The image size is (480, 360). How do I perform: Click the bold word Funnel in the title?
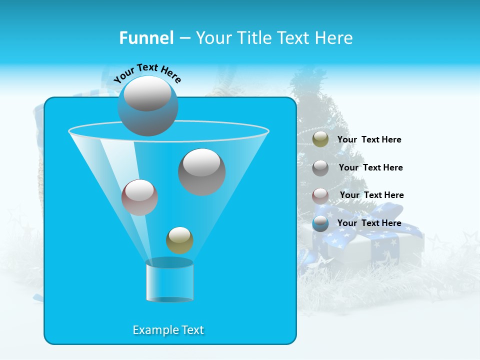pyautogui.click(x=146, y=38)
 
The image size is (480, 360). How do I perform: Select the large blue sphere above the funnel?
pyautogui.click(x=148, y=106)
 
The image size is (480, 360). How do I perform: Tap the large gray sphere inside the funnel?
pyautogui.click(x=201, y=171)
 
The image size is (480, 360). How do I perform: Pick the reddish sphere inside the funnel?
pyautogui.click(x=139, y=197)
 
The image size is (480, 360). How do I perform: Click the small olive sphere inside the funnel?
pyautogui.click(x=179, y=240)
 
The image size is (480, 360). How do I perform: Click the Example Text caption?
pyautogui.click(x=168, y=330)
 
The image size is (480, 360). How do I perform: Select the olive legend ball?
pyautogui.click(x=320, y=139)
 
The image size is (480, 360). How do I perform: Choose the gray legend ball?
pyautogui.click(x=320, y=168)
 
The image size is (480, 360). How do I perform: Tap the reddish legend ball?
pyautogui.click(x=320, y=196)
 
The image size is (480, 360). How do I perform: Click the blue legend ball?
pyautogui.click(x=320, y=223)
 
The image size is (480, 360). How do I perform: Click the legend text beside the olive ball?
pyautogui.click(x=369, y=140)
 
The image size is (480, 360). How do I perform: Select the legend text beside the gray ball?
pyautogui.click(x=370, y=167)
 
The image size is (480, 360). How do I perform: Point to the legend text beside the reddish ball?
pyautogui.click(x=371, y=195)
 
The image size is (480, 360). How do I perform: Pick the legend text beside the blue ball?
pyautogui.click(x=369, y=223)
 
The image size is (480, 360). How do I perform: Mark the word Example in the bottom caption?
pyautogui.click(x=152, y=330)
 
